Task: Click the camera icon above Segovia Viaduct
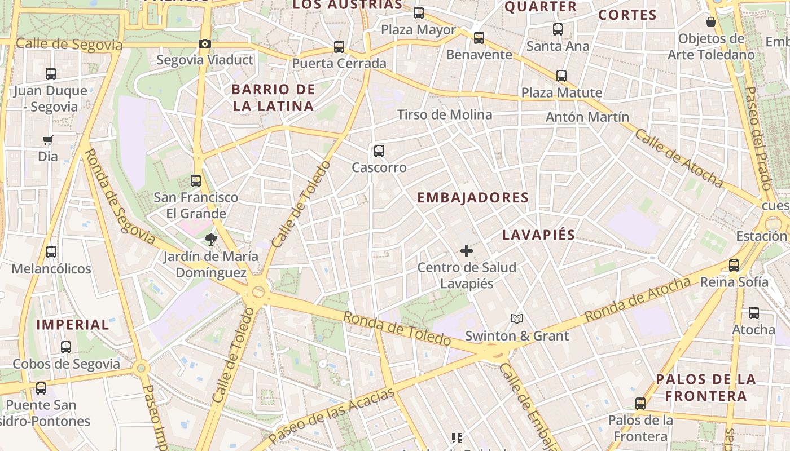[205, 43]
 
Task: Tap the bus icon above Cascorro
[379, 151]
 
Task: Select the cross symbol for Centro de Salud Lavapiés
[467, 251]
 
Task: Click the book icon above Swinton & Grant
[517, 319]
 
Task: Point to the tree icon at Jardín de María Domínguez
[211, 240]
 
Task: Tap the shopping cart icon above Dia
[48, 140]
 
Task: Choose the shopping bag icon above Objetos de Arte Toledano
[711, 22]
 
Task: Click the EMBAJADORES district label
[473, 197]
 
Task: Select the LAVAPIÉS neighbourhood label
[538, 235]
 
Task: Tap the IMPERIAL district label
[73, 325]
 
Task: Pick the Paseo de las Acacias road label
[331, 415]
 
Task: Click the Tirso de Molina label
[445, 115]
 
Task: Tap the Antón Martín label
[587, 117]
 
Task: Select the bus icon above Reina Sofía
[734, 265]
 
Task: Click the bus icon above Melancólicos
[51, 252]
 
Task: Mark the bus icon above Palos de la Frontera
[640, 404]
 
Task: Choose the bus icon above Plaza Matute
[561, 76]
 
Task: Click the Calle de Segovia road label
[69, 45]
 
